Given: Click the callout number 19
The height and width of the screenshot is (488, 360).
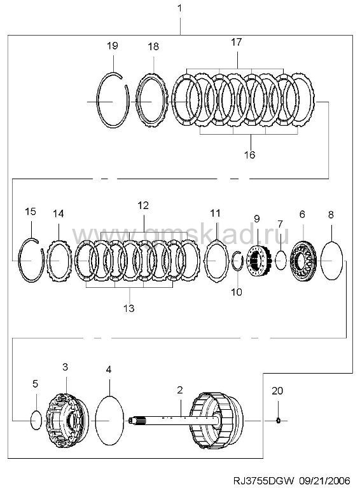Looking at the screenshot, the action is pyautogui.click(x=113, y=46).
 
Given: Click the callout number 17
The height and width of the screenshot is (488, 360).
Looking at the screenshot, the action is pyautogui.click(x=237, y=42).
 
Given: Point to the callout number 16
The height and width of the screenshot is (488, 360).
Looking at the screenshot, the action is pyautogui.click(x=250, y=154).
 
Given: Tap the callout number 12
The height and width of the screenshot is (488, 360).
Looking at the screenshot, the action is pyautogui.click(x=143, y=206).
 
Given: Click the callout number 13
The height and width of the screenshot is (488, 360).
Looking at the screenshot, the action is pyautogui.click(x=128, y=308).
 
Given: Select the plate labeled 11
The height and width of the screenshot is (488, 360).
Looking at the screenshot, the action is pyautogui.click(x=205, y=260).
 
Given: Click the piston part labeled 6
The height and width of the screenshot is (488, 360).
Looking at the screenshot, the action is pyautogui.click(x=303, y=261).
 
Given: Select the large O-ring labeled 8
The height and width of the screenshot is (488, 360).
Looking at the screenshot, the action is pyautogui.click(x=321, y=261).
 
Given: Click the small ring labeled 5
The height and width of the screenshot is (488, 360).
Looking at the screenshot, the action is pyautogui.click(x=31, y=420).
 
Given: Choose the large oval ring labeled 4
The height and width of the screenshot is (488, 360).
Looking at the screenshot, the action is pyautogui.click(x=96, y=420).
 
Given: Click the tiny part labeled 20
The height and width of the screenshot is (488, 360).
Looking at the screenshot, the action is pyautogui.click(x=279, y=421).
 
